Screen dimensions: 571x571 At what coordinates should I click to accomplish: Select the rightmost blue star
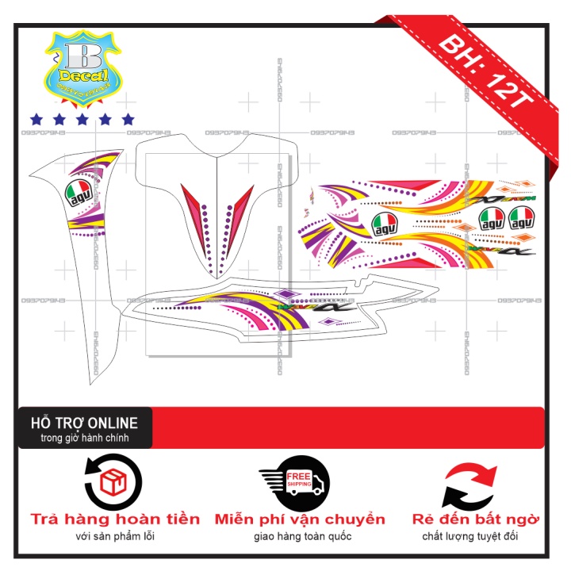click(128, 119)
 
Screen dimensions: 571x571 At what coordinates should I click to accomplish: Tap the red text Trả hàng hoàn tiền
click(116, 519)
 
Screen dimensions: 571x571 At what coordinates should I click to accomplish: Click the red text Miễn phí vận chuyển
click(300, 519)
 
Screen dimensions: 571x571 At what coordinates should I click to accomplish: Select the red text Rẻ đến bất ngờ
click(476, 519)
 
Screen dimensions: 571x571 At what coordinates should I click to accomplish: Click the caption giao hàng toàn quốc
click(300, 537)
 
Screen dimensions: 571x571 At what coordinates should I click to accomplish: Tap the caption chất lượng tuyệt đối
click(476, 537)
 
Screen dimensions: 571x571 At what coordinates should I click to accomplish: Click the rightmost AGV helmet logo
click(523, 216)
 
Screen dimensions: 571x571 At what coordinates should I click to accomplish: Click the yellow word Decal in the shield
click(83, 75)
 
